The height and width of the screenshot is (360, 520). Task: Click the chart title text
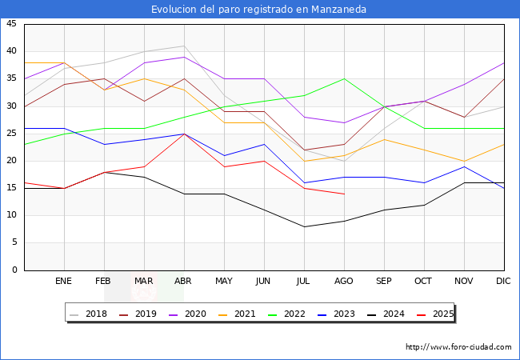(259, 9)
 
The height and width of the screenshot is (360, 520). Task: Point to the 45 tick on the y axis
(11, 24)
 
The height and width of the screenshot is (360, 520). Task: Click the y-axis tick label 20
(11, 161)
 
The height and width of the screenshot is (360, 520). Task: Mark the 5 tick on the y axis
(14, 243)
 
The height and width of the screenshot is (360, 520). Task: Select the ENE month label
(64, 282)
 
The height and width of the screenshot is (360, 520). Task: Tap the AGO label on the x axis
(344, 282)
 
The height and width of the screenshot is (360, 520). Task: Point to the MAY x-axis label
(224, 282)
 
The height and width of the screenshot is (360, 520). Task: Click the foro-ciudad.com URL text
(458, 347)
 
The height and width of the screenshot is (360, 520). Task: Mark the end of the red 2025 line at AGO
(344, 194)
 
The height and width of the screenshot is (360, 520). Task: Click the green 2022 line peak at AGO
(344, 78)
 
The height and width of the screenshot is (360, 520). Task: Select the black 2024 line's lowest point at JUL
(304, 226)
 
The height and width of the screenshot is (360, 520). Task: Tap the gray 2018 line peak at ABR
(184, 46)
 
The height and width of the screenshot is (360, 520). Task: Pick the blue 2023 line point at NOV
(464, 166)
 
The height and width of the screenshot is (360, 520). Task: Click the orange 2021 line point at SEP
(384, 139)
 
